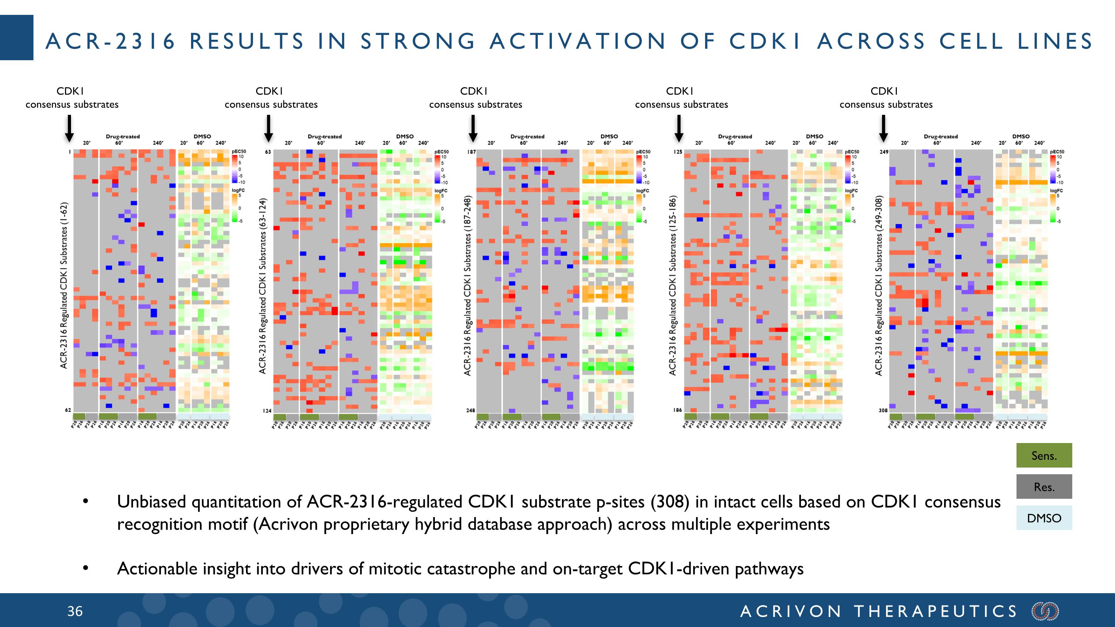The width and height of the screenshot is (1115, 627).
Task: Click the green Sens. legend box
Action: click(x=1044, y=456)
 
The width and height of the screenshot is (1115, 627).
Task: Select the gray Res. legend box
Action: click(x=1044, y=487)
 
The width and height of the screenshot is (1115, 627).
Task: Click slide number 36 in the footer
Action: click(x=75, y=611)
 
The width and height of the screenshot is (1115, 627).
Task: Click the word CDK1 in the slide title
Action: click(x=765, y=42)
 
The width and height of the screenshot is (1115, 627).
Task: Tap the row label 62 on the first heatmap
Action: click(x=68, y=410)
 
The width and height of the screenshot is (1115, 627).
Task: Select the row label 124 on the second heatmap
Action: click(x=267, y=410)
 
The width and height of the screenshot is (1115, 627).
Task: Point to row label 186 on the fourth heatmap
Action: click(x=678, y=410)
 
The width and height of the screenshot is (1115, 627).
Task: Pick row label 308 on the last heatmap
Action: click(x=883, y=410)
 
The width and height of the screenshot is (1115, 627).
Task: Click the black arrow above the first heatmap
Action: click(x=69, y=129)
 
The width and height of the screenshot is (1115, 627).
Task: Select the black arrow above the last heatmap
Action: click(x=883, y=129)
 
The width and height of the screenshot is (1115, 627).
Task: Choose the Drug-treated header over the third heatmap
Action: click(x=527, y=136)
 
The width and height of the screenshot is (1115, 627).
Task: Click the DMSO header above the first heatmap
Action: click(x=202, y=136)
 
